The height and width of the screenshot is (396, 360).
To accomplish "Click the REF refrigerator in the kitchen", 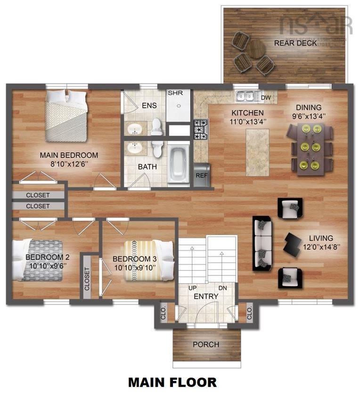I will coord(201,174).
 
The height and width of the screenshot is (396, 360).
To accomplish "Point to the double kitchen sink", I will coord(245,96).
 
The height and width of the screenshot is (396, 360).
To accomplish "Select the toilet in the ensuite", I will coord(156,127).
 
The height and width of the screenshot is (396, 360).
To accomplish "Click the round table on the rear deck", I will coord(257,49).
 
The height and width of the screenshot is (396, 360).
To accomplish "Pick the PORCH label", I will coord(206,345).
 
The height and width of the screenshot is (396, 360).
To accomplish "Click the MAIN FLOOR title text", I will coord(172,382).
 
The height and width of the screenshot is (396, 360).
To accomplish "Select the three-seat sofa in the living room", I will coord(262,243).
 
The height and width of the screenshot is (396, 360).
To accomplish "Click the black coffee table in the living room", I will coord(293,244).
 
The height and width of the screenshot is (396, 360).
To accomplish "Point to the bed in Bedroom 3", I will coord(148,260).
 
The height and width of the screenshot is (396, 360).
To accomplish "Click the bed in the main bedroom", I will coord(67,115).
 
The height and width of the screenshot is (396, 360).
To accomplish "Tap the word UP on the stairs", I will coord(193,288).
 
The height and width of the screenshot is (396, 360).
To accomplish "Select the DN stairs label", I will coord(222,288).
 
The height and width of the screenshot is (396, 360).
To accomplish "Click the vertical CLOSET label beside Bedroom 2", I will coord(87,279).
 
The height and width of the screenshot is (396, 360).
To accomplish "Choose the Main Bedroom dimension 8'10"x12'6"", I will coord(69,164).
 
